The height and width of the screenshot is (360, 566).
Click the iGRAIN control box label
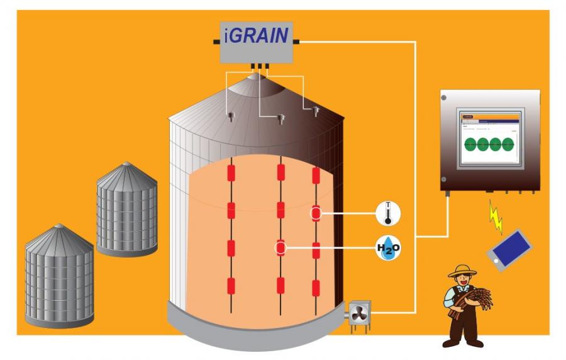click(257, 35)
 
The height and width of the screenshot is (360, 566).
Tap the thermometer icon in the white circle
click(387, 214)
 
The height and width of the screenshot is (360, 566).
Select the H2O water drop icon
click(387, 249)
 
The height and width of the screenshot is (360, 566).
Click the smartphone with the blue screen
click(509, 250)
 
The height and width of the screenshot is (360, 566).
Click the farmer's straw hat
click(462, 271)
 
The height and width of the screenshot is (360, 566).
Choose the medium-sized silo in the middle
click(126, 208)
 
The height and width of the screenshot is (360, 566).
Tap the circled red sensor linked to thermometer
click(316, 214)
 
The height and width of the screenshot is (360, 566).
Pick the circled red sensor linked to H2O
click(280, 248)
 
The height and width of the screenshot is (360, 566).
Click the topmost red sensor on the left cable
click(231, 172)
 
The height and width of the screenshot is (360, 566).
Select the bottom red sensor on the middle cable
click(280, 286)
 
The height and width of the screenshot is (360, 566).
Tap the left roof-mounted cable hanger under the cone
click(231, 116)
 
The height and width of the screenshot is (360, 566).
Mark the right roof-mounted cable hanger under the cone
click(316, 111)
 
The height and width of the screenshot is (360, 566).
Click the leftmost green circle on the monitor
click(471, 144)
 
